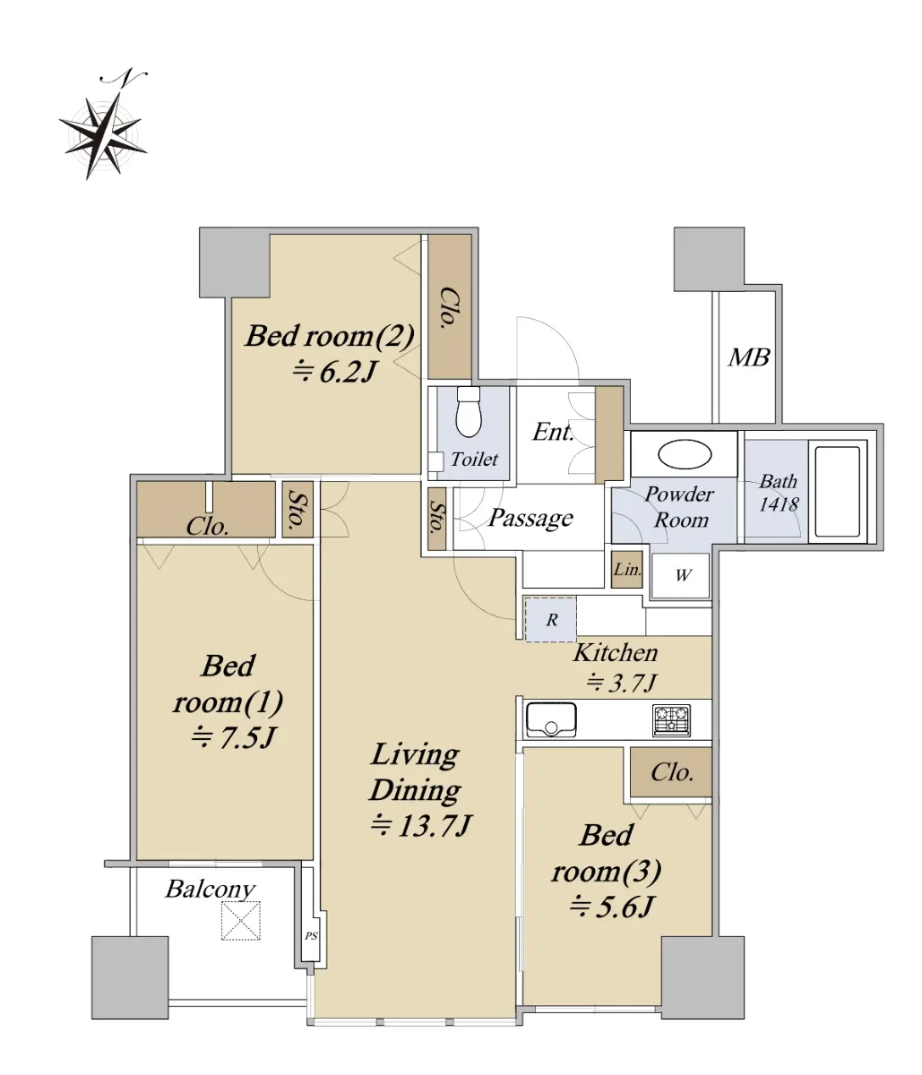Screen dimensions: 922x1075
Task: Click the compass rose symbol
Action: pyautogui.click(x=104, y=125)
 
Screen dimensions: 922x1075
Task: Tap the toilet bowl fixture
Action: pyautogui.click(x=468, y=411)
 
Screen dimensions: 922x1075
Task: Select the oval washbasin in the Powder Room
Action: pyautogui.click(x=685, y=455)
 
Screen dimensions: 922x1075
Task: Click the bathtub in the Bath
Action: pyautogui.click(x=837, y=491)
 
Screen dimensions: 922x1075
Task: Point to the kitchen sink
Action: pyautogui.click(x=551, y=719)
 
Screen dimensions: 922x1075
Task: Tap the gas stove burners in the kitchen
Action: pyautogui.click(x=671, y=720)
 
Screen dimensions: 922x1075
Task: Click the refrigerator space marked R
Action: pyautogui.click(x=550, y=619)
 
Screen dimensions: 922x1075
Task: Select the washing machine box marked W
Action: pyautogui.click(x=681, y=575)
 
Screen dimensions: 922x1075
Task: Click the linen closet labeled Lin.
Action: pyautogui.click(x=626, y=570)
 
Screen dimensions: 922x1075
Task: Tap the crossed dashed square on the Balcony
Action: pyautogui.click(x=240, y=921)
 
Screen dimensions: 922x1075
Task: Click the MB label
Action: pyautogui.click(x=748, y=357)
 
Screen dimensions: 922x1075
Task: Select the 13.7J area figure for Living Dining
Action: pyautogui.click(x=420, y=825)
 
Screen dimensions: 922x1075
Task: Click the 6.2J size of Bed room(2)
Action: pyautogui.click(x=333, y=373)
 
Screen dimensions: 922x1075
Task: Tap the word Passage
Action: pyautogui.click(x=530, y=519)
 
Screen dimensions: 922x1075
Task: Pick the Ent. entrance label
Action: pyautogui.click(x=552, y=432)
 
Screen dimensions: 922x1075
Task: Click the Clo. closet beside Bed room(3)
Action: pyautogui.click(x=672, y=772)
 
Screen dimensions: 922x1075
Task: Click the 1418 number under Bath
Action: pyautogui.click(x=779, y=504)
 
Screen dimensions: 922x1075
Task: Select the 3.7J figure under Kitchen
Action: pyautogui.click(x=622, y=683)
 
